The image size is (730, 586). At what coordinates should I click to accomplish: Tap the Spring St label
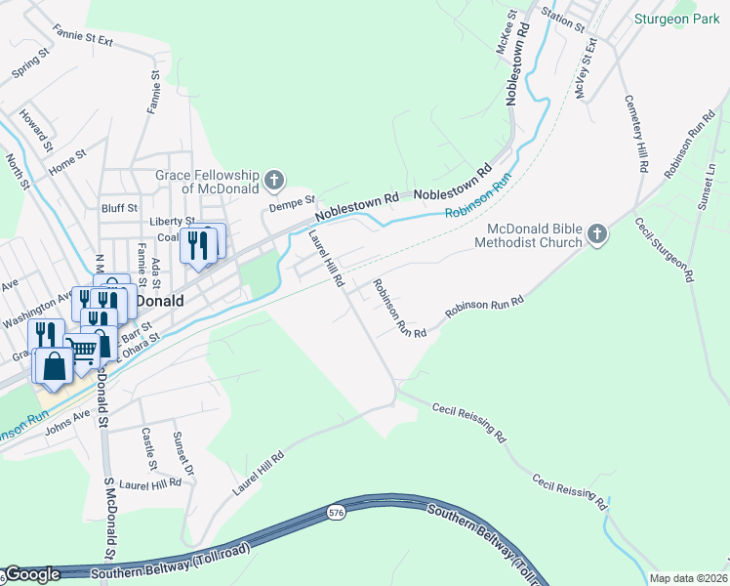[x=29, y=66]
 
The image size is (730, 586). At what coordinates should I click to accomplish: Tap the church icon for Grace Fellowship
[x=275, y=179]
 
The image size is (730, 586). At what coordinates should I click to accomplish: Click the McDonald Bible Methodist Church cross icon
[x=597, y=234]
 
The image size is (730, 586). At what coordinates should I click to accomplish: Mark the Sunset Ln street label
[x=710, y=186]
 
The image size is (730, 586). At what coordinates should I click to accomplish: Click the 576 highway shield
[x=336, y=511]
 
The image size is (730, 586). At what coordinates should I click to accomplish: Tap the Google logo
[x=33, y=574]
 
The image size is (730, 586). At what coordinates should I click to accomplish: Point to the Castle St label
[x=147, y=448]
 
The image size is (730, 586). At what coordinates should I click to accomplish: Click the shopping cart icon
[x=83, y=347]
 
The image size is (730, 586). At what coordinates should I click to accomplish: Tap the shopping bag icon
[x=55, y=366]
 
